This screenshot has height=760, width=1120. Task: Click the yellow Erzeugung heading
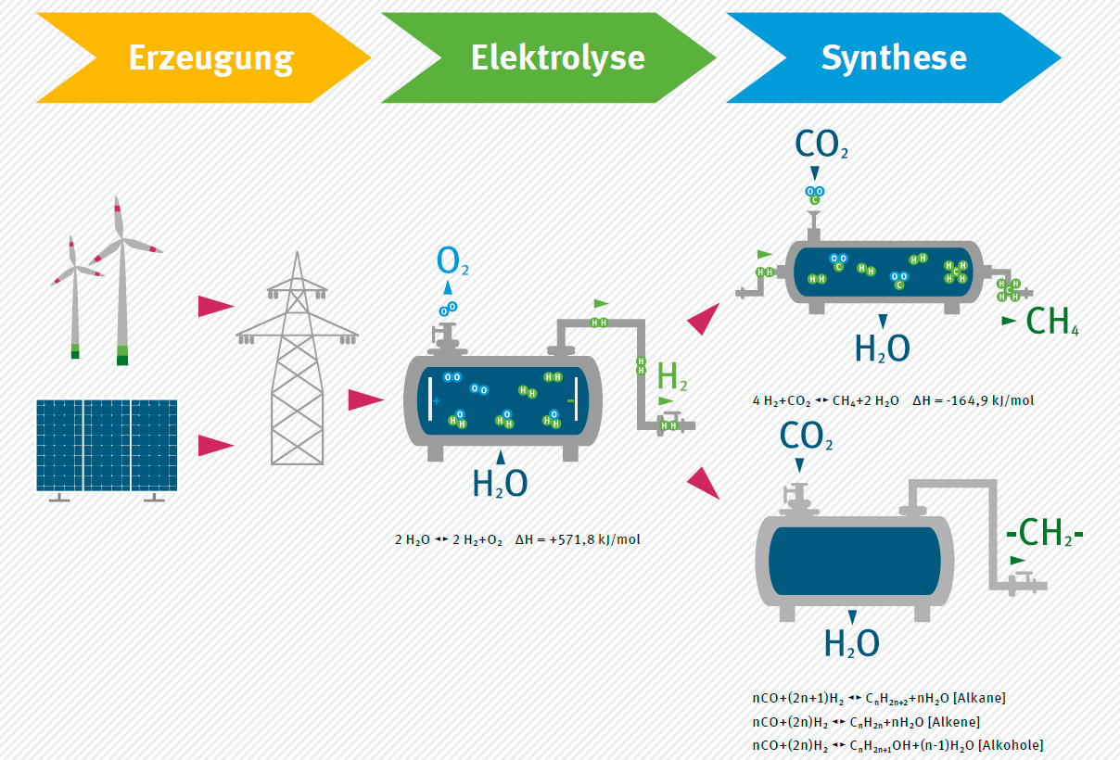pos(210,57)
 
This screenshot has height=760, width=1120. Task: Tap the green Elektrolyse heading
pos(557,57)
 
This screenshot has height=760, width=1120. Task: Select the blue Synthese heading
pos(894,57)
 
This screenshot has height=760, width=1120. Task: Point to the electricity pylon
pos(297,361)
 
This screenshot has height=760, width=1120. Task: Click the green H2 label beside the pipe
pos(671,376)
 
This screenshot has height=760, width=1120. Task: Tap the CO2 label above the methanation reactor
pos(821,145)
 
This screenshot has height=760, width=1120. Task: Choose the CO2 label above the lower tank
pos(806,436)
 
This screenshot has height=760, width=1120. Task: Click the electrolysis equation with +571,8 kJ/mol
pos(517,538)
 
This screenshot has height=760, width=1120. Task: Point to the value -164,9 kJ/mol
pos(974,400)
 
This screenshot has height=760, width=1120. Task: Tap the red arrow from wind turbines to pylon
pos(216,306)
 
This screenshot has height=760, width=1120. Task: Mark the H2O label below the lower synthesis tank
pos(851,642)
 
